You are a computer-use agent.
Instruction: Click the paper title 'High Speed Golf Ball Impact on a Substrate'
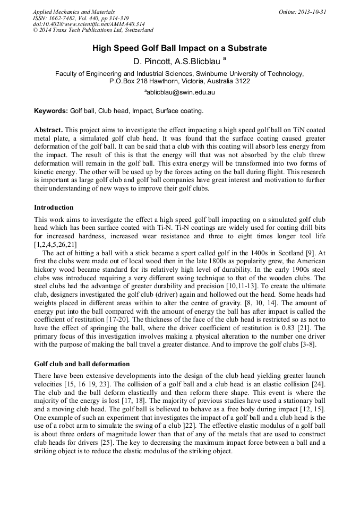pyautogui.click(x=179, y=48)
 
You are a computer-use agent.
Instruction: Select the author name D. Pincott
pyautogui.click(x=153, y=61)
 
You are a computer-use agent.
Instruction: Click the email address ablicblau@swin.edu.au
pyautogui.click(x=180, y=92)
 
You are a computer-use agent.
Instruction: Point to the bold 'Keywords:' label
pyautogui.click(x=51, y=111)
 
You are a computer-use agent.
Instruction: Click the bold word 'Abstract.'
pyautogui.click(x=49, y=130)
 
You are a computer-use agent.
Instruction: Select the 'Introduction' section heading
pyautogui.click(x=54, y=207)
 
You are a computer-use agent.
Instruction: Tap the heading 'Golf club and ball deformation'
pyautogui.click(x=82, y=364)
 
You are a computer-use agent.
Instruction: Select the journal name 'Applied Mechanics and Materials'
pyautogui.click(x=73, y=12)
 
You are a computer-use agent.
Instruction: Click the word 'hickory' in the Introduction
pyautogui.click(x=46, y=272)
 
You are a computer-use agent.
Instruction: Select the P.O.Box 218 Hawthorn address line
pyautogui.click(x=179, y=81)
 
